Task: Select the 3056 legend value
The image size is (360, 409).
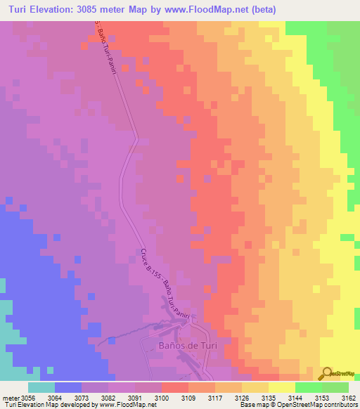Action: [x=28, y=398]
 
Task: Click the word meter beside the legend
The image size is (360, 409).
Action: [x=11, y=398]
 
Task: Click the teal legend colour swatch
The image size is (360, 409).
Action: [x=41, y=387]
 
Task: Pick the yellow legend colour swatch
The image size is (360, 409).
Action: [x=282, y=387]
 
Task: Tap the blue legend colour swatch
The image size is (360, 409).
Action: [x=68, y=387]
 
